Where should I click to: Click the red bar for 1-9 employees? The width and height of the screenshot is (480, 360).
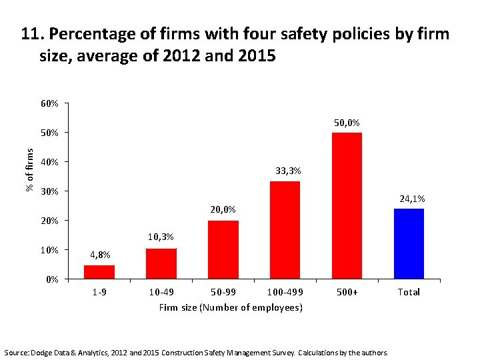click(99, 272)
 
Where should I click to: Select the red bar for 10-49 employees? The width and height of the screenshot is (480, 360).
click(161, 263)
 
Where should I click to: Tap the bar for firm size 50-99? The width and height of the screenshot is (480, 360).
click(223, 249)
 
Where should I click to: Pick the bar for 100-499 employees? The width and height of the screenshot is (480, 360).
click(285, 230)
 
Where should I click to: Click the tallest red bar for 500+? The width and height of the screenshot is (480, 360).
click(347, 205)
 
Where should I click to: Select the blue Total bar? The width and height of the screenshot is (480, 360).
click(409, 243)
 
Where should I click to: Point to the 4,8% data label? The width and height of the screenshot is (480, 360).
click(99, 255)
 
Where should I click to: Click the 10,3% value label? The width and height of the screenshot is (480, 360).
click(161, 237)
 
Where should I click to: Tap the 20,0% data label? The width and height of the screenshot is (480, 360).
click(223, 209)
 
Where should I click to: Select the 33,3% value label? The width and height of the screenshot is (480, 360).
click(288, 171)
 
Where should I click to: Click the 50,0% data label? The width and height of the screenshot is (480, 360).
click(347, 123)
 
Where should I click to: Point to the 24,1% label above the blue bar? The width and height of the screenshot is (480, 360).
click(412, 199)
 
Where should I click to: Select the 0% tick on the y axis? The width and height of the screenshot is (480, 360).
click(53, 279)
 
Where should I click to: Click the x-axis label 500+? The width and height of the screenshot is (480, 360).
click(347, 292)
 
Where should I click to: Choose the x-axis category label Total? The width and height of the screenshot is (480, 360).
click(409, 292)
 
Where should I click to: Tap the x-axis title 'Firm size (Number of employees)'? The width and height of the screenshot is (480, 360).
click(231, 307)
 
